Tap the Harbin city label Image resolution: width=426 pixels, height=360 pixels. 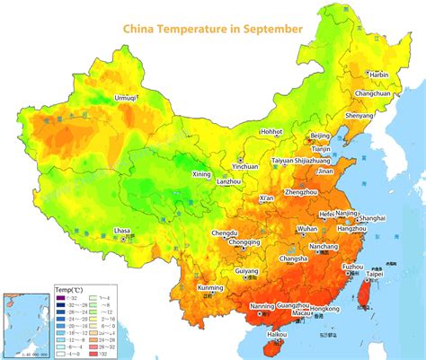click(x=378, y=75)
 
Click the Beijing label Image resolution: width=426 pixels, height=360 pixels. click(x=319, y=136)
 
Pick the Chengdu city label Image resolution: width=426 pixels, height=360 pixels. click(x=225, y=233)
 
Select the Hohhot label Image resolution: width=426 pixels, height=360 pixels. click(x=271, y=131)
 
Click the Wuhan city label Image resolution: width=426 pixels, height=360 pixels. click(x=306, y=229)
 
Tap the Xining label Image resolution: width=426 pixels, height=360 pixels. click(x=202, y=174)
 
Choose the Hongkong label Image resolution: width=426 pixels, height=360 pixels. click(x=324, y=309)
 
